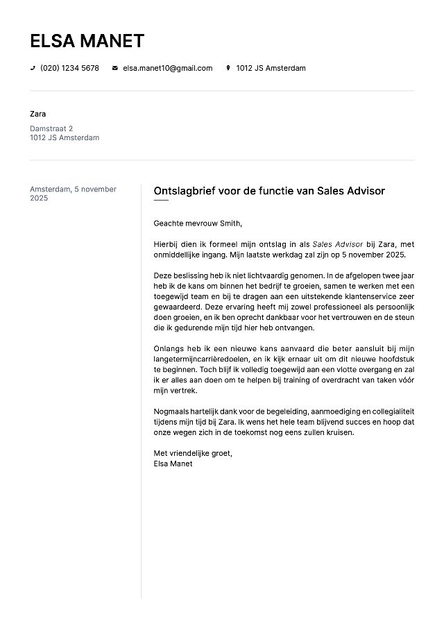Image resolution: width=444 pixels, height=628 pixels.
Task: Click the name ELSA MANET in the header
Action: pos(87,41)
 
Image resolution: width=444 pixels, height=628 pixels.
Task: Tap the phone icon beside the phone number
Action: pos(33,68)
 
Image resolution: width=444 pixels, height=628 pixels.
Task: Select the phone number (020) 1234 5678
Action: pos(69,68)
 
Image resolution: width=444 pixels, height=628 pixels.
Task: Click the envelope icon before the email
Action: pos(115,68)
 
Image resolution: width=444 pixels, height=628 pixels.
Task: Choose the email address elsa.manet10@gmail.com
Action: pos(167,68)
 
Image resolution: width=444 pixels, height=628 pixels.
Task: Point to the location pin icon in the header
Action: pos(228,68)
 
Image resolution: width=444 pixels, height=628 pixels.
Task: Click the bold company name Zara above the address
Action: pos(38,114)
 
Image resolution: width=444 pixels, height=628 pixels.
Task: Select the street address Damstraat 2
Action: pos(51,128)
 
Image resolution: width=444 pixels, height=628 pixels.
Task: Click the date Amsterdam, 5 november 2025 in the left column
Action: pos(73,194)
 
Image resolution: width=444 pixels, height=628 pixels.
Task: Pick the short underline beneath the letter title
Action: pos(161,201)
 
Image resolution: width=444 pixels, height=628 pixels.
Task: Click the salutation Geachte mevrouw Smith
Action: pos(198,223)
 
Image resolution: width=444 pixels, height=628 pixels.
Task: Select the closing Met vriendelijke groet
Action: pos(193,453)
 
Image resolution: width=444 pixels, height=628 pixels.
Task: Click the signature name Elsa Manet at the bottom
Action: pos(173,464)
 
